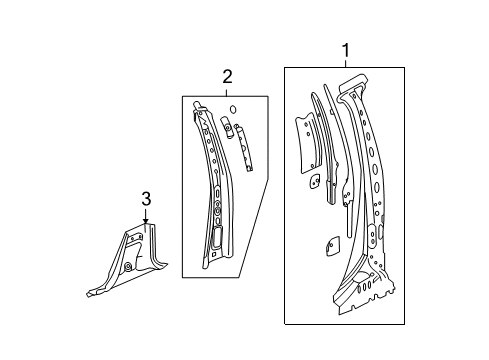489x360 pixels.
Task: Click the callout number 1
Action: tap(347, 49)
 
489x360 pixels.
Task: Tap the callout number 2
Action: tap(227, 77)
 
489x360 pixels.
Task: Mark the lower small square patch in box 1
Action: tap(329, 271)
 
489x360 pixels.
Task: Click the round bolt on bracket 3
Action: tap(130, 269)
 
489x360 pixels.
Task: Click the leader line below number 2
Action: tap(227, 90)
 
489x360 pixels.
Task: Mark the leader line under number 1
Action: tap(347, 62)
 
